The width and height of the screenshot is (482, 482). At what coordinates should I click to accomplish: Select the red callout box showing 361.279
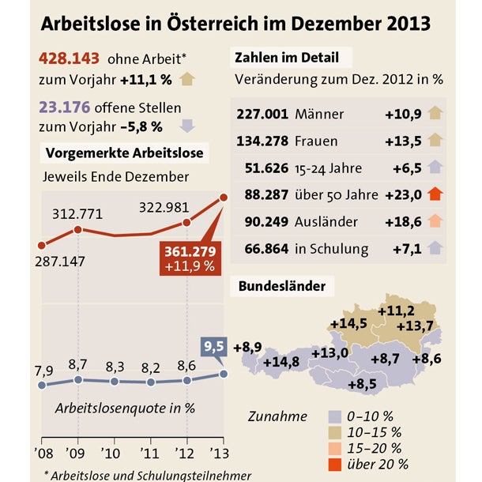pos(190,258)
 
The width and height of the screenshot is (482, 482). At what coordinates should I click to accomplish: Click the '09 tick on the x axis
pos(77,453)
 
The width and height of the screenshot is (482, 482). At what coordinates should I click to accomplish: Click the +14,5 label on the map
pos(348,323)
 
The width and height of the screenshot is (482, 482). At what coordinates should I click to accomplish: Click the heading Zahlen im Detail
pos(287,58)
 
